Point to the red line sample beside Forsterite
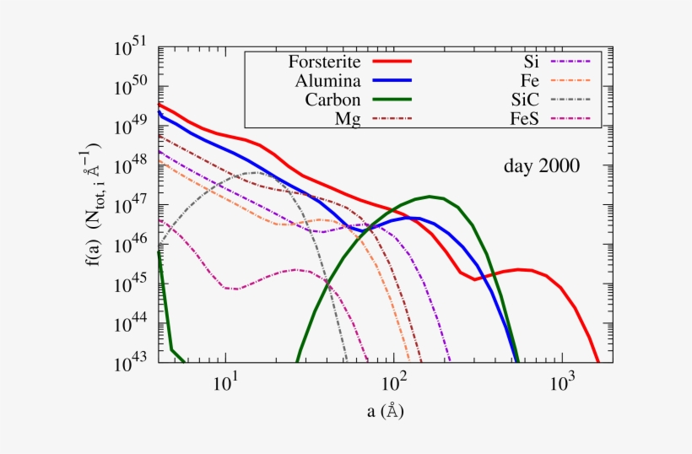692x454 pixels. point(390,62)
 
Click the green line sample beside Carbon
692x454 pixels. point(390,100)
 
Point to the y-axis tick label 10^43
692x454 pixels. point(131,359)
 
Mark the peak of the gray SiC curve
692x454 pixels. point(255,172)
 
